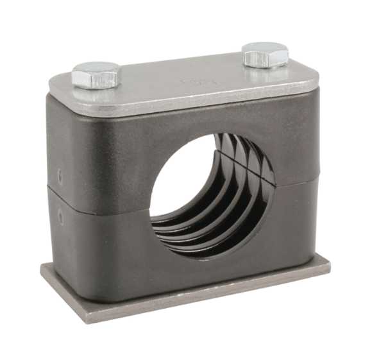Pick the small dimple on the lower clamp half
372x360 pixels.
pos(61,217)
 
